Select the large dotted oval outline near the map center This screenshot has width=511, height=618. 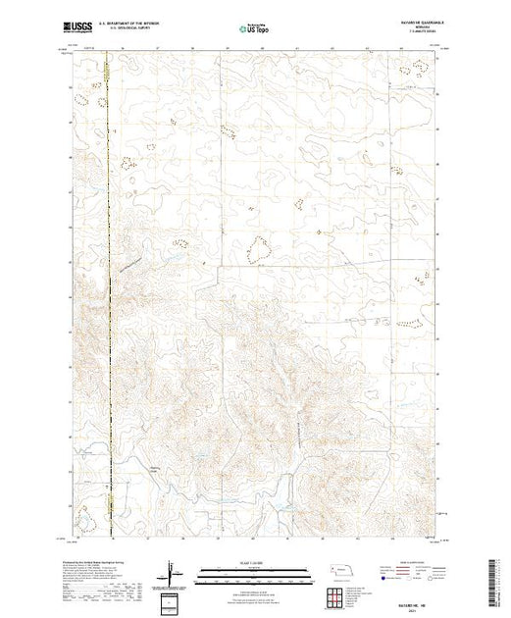(258, 251)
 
